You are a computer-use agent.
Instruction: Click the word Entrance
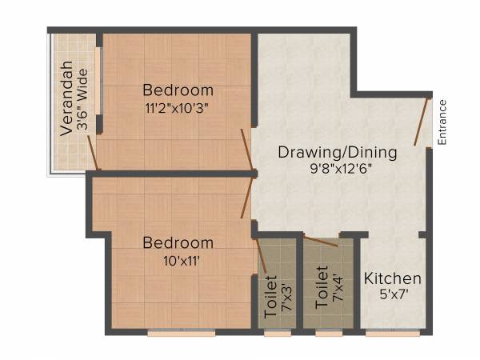pos(442,122)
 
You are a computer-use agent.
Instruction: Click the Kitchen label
pos(393,278)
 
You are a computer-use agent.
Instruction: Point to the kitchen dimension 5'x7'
pos(393,294)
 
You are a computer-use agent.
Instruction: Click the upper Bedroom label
pos(178,90)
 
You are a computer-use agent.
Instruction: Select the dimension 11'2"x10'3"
pos(178,106)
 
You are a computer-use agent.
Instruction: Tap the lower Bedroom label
pos(178,242)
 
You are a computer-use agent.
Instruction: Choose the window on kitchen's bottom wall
pos(393,333)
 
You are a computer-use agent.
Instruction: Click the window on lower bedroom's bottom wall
pos(181,333)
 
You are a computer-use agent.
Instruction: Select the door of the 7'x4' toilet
pos(321,241)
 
